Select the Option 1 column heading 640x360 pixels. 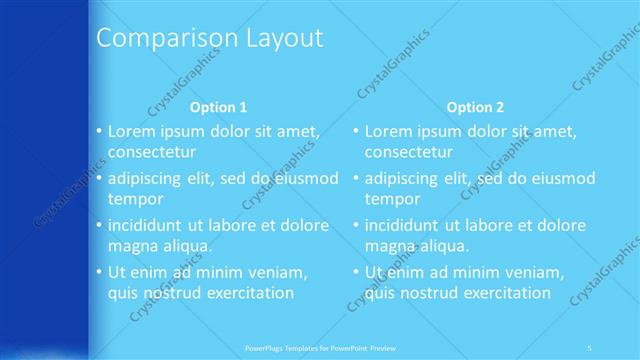[218, 107]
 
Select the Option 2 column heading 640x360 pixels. [476, 107]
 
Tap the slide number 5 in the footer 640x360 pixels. [590, 347]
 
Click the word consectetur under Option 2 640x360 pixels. [408, 152]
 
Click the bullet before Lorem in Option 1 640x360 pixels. [98, 131]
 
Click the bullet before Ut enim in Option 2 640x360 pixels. [355, 271]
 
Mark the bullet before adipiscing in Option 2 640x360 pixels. [355, 178]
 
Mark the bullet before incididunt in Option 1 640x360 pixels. [98, 224]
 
